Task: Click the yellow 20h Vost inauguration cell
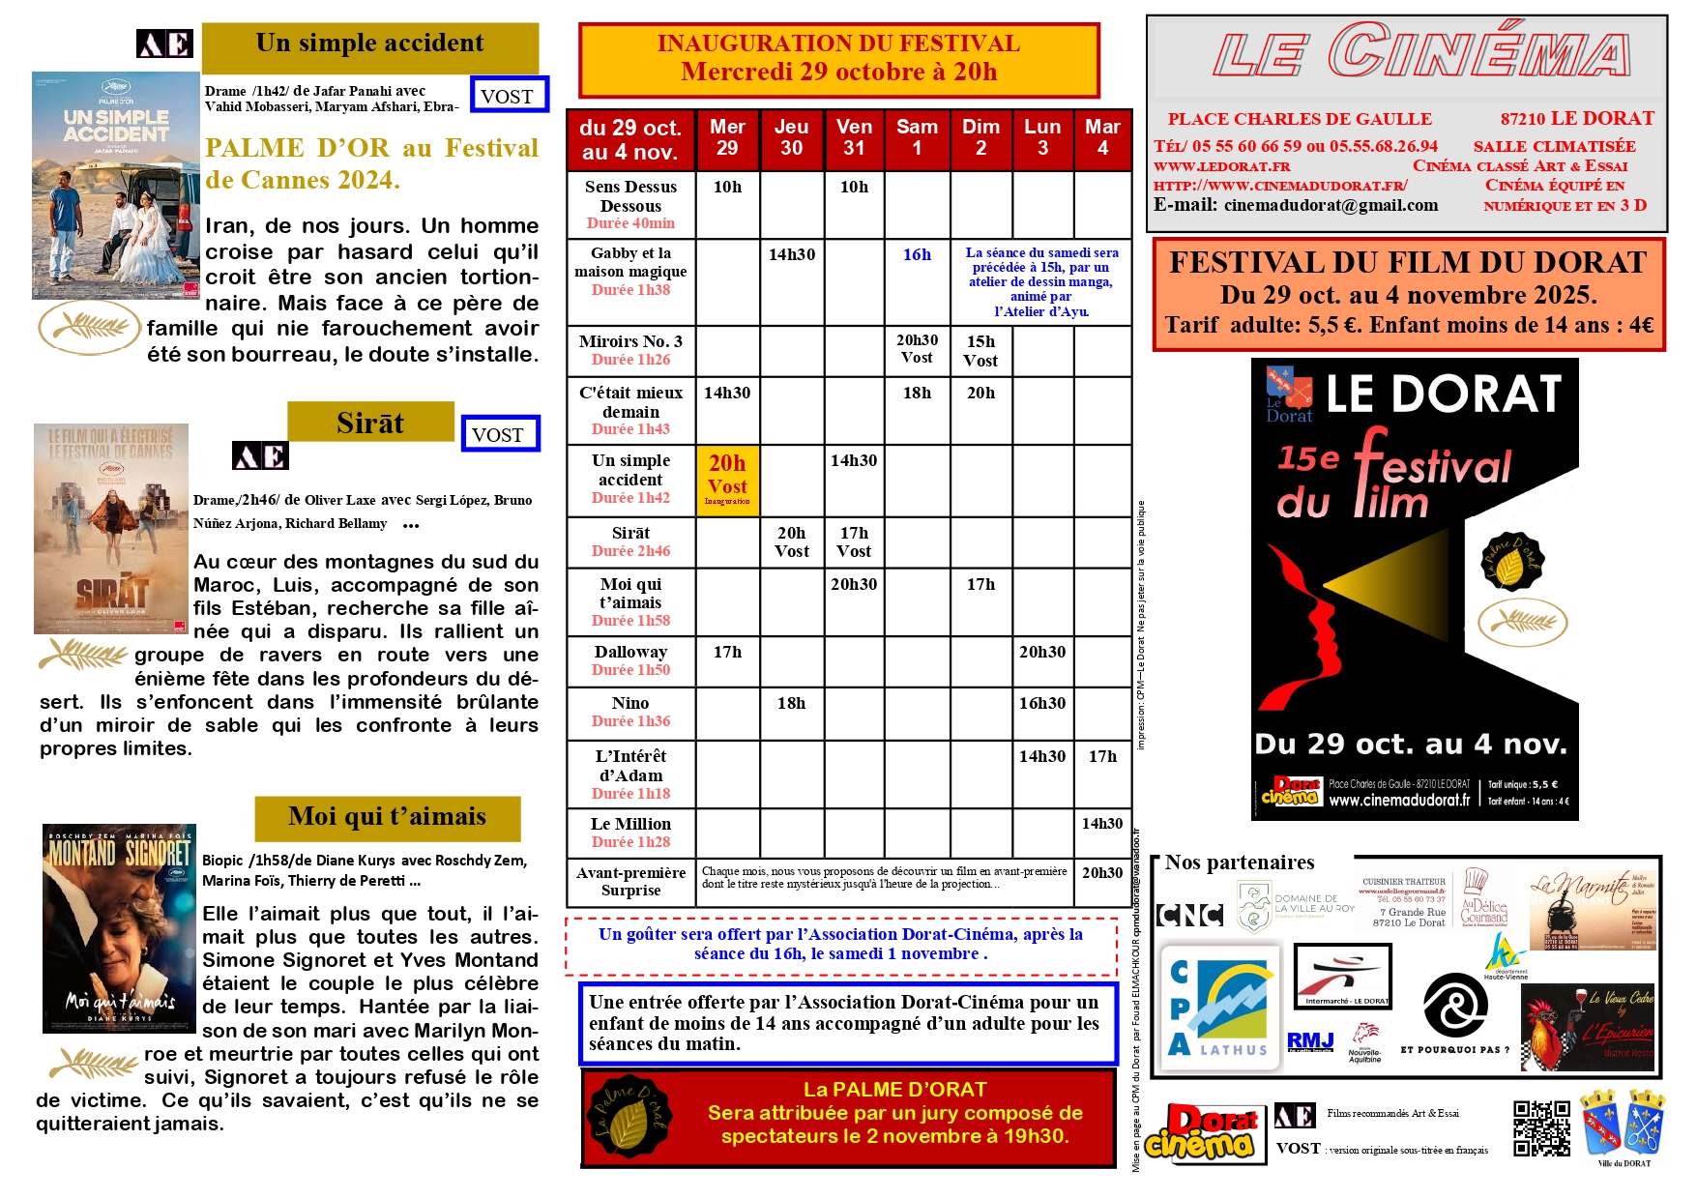click(x=727, y=480)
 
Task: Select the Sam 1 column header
click(x=917, y=138)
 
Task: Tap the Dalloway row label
click(x=630, y=660)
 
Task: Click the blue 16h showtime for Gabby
click(x=917, y=254)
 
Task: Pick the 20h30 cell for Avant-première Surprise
click(x=1102, y=872)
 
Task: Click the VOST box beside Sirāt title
click(x=499, y=434)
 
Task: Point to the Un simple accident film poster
click(x=115, y=185)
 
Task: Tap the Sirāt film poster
click(x=110, y=528)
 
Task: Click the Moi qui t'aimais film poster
click(x=119, y=928)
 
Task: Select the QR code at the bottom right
click(x=1541, y=1127)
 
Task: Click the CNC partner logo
click(x=1190, y=914)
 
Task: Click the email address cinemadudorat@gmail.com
click(x=1331, y=205)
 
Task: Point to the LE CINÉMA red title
click(x=1420, y=53)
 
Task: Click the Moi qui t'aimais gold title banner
click(x=387, y=817)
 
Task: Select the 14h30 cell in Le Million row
click(x=1102, y=824)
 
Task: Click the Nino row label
click(x=630, y=712)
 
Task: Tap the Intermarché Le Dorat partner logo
click(x=1342, y=976)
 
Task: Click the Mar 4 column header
click(x=1102, y=138)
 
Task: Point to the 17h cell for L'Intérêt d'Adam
click(x=1102, y=756)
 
